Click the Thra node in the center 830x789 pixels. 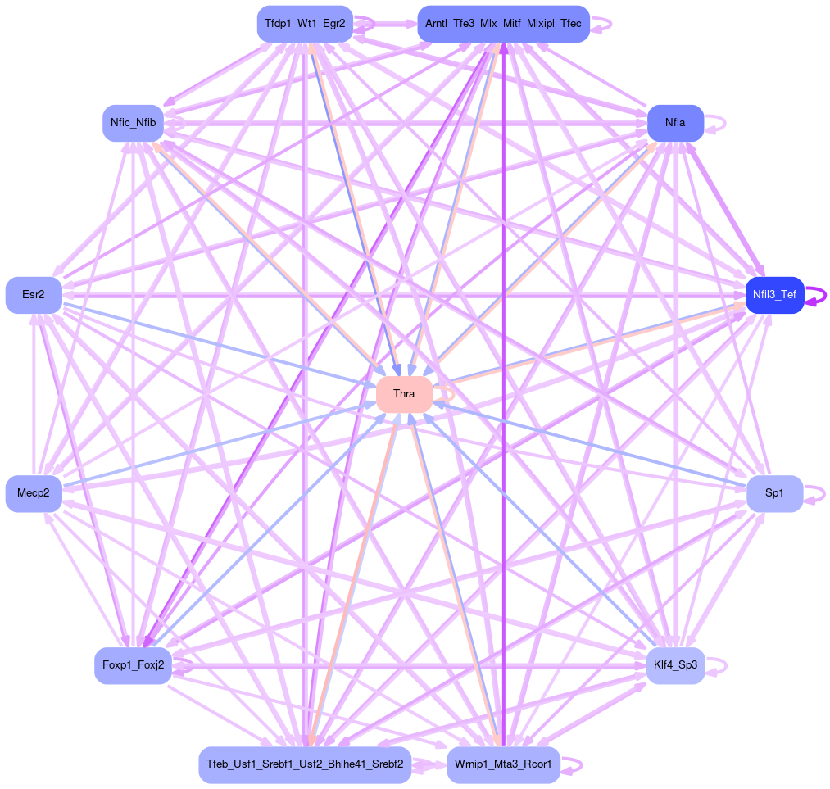tap(404, 394)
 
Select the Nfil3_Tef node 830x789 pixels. tap(773, 295)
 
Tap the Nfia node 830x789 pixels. tap(675, 123)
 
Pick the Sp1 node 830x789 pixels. tap(773, 493)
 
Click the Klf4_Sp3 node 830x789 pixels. tap(675, 665)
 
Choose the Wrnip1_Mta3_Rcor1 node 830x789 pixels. tap(503, 764)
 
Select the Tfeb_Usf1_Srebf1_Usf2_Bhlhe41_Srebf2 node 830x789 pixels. tap(305, 764)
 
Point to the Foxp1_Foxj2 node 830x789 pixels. tap(133, 665)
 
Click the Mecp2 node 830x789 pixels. tap(34, 493)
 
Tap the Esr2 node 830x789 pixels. tap(34, 295)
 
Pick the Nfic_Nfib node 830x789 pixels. tap(133, 123)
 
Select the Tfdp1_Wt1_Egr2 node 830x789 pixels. tap(305, 24)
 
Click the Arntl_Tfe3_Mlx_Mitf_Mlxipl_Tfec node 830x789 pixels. tap(503, 24)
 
